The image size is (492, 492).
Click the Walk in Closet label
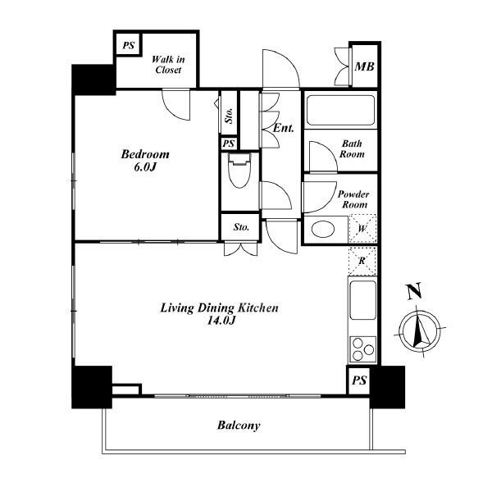tap(168, 64)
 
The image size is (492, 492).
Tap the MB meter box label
tap(364, 66)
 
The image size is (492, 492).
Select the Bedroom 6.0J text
tap(145, 161)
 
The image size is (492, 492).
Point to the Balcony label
tap(239, 426)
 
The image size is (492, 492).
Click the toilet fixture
tap(239, 171)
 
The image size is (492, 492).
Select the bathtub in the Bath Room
tap(340, 111)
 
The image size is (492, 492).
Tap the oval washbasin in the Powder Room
tap(322, 229)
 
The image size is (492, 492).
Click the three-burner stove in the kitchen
tap(363, 348)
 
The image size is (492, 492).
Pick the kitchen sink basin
tap(362, 300)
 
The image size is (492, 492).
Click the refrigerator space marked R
tap(362, 261)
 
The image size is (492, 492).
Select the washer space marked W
tap(362, 228)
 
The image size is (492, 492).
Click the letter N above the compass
tap(414, 291)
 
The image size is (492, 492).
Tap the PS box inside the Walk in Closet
tap(129, 45)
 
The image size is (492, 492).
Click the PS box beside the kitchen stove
tap(359, 380)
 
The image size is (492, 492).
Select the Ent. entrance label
tap(284, 128)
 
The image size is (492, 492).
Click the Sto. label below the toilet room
tap(241, 227)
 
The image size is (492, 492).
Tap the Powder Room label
tap(353, 199)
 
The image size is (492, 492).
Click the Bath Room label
tap(352, 148)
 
